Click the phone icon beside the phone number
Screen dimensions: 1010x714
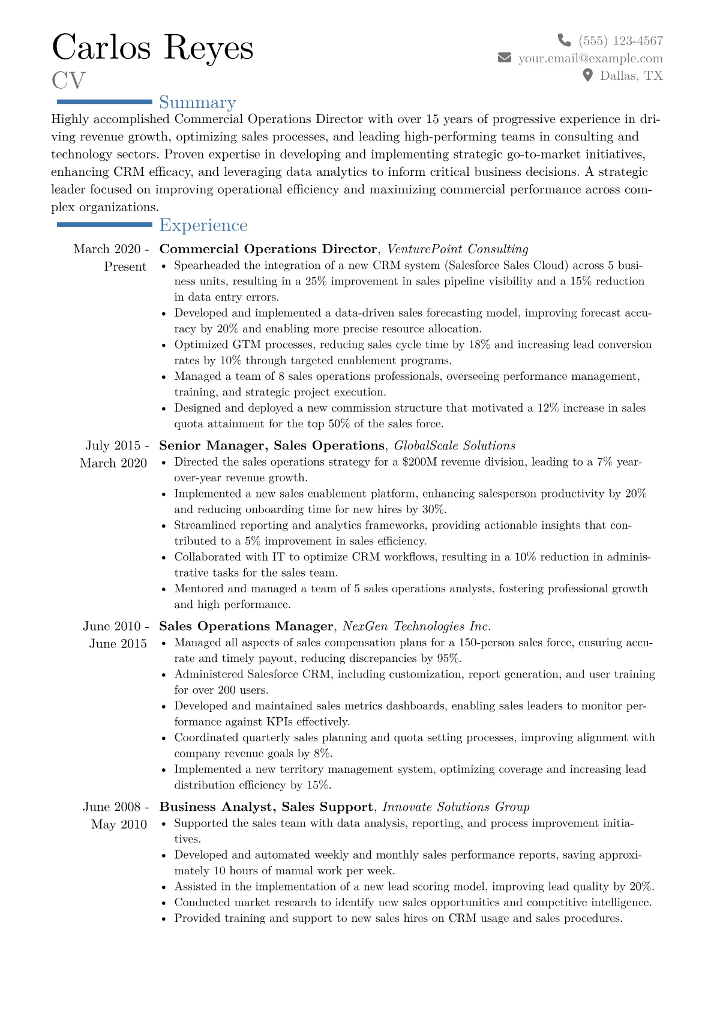pyautogui.click(x=564, y=40)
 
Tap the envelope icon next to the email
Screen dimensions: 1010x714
pyautogui.click(x=505, y=58)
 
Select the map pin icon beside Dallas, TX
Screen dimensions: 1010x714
pyautogui.click(x=588, y=75)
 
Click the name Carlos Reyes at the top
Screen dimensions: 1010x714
pyautogui.click(x=152, y=47)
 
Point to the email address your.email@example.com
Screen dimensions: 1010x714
pyautogui.click(x=590, y=58)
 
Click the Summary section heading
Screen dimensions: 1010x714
pyautogui.click(x=197, y=103)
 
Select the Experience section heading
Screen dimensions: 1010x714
pyautogui.click(x=203, y=225)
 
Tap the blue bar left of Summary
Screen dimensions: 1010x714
pyautogui.click(x=104, y=102)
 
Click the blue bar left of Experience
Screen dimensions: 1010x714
pyautogui.click(x=104, y=224)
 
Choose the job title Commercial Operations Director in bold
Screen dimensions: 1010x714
pyautogui.click(x=268, y=249)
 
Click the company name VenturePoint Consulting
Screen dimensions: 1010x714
pyautogui.click(x=457, y=249)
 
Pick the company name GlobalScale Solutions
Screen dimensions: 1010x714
pyautogui.click(x=454, y=445)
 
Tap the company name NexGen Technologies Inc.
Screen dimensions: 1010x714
pyautogui.click(x=416, y=626)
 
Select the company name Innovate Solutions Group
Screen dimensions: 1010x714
pyautogui.click(x=455, y=807)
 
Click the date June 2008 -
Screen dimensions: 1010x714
pyautogui.click(x=116, y=807)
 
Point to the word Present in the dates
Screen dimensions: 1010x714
pyautogui.click(x=125, y=266)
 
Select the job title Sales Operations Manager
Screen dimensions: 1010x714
pyautogui.click(x=246, y=626)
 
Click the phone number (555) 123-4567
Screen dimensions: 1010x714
pyautogui.click(x=620, y=41)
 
